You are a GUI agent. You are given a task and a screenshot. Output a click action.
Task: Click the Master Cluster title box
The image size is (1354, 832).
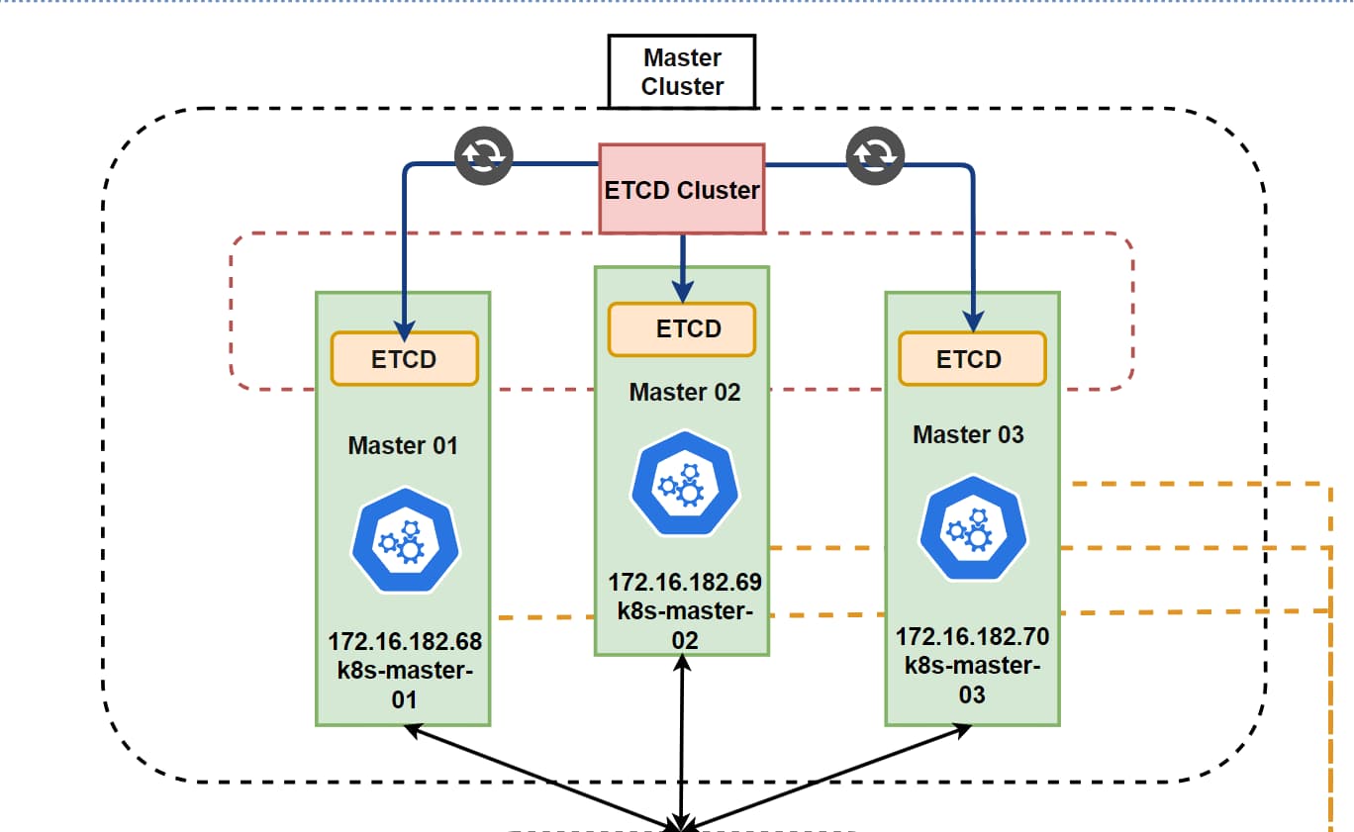tap(682, 72)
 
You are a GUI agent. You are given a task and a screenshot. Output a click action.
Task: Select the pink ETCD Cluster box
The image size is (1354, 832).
tap(682, 189)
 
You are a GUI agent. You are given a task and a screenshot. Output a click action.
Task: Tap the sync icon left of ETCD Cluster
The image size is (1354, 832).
tap(484, 155)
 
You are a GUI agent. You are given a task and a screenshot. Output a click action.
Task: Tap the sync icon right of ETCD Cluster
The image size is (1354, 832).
tap(875, 155)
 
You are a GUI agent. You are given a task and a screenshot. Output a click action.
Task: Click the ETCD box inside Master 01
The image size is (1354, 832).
tap(405, 359)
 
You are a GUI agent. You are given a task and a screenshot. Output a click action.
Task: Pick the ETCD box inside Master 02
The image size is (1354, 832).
tap(682, 329)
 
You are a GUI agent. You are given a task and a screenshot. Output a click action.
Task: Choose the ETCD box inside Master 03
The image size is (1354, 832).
tap(972, 359)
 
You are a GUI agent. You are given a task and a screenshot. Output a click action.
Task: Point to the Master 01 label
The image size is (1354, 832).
tap(403, 446)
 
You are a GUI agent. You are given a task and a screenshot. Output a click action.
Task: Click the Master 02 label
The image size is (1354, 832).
tap(685, 393)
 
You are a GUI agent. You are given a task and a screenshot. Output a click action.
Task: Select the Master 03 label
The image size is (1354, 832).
tap(968, 435)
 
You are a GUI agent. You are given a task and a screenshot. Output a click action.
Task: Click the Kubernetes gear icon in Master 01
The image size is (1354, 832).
tap(405, 541)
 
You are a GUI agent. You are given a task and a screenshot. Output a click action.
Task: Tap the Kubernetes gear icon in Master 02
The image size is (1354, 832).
tap(685, 484)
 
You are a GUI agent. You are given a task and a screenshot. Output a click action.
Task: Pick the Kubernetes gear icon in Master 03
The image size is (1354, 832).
tap(973, 528)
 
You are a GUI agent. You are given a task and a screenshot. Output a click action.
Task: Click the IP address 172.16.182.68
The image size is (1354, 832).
tap(405, 642)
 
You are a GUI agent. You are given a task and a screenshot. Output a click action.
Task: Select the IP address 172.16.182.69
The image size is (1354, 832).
tap(685, 583)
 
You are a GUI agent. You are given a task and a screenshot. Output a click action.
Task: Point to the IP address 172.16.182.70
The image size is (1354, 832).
tap(973, 637)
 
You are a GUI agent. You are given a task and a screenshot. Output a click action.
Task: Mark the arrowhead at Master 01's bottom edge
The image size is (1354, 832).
tap(414, 731)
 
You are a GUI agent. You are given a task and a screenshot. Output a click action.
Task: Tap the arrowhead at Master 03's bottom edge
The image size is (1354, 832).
tap(962, 731)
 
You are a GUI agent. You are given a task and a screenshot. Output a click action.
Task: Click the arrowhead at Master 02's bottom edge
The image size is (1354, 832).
tap(682, 663)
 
